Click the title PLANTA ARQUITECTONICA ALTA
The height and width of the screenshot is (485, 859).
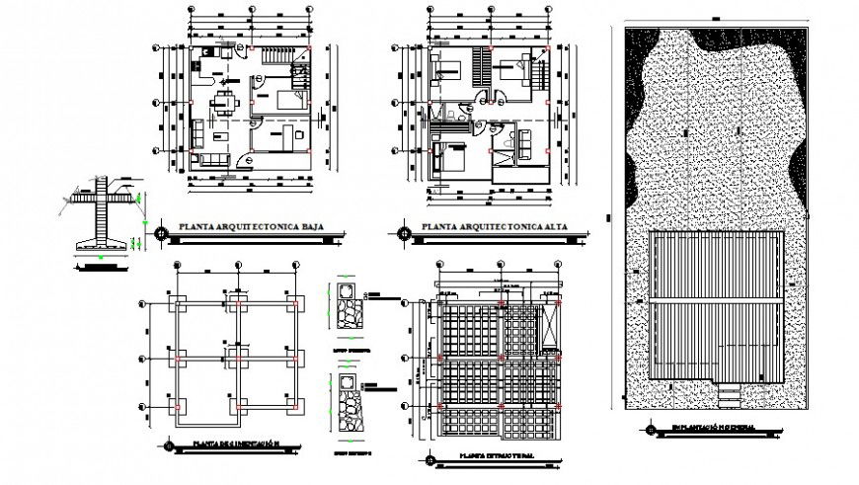pyautogui.click(x=492, y=228)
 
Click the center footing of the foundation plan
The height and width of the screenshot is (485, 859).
pyautogui.click(x=236, y=355)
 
